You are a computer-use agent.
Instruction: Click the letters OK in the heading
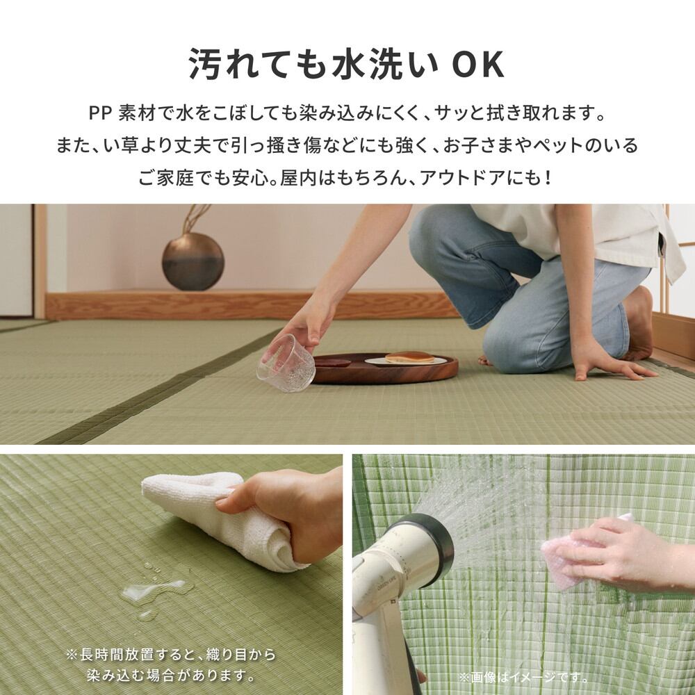pyautogui.click(x=477, y=65)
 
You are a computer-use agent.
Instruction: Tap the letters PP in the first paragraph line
pyautogui.click(x=101, y=113)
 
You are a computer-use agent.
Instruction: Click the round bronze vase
pyautogui.click(x=193, y=261)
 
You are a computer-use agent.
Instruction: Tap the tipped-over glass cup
pyautogui.click(x=286, y=363)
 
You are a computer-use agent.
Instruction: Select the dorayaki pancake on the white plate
pyautogui.click(x=409, y=357)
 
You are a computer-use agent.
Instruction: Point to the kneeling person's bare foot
pyautogui.click(x=637, y=323)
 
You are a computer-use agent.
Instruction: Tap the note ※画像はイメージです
pyautogui.click(x=523, y=677)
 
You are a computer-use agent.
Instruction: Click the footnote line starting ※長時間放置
pyautogui.click(x=171, y=654)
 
